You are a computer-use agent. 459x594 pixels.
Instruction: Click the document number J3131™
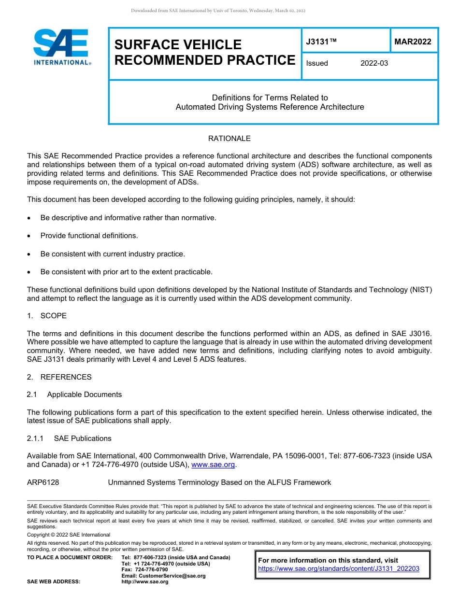pos(321,42)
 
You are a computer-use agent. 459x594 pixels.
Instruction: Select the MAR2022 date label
pos(413,42)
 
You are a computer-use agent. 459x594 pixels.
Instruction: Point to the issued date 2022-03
pos(374,63)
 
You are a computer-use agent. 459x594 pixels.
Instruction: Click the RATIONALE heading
pos(229,139)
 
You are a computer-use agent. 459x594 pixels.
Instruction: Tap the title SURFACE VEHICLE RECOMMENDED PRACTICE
pos(204,52)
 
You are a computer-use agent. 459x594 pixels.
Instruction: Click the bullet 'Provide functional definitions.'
pos(89,236)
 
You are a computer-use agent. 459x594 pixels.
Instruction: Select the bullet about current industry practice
pos(113,254)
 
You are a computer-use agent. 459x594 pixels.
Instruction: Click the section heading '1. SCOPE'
pos(47,316)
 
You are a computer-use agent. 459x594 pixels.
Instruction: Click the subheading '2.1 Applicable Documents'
pos(74,395)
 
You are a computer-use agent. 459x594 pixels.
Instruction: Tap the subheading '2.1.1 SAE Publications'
pos(69,438)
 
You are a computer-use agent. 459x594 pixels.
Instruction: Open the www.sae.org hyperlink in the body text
pos(213,465)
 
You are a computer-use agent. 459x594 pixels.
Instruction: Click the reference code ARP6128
pos(43,482)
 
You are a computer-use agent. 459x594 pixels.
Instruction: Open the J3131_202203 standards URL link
pos(339,569)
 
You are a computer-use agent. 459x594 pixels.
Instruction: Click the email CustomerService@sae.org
pos(164,576)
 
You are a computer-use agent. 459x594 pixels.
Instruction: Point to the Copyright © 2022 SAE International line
pos(69,535)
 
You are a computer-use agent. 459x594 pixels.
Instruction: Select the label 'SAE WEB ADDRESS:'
pos(54,581)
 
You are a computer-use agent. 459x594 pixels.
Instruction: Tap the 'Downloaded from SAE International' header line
pos(218,11)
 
